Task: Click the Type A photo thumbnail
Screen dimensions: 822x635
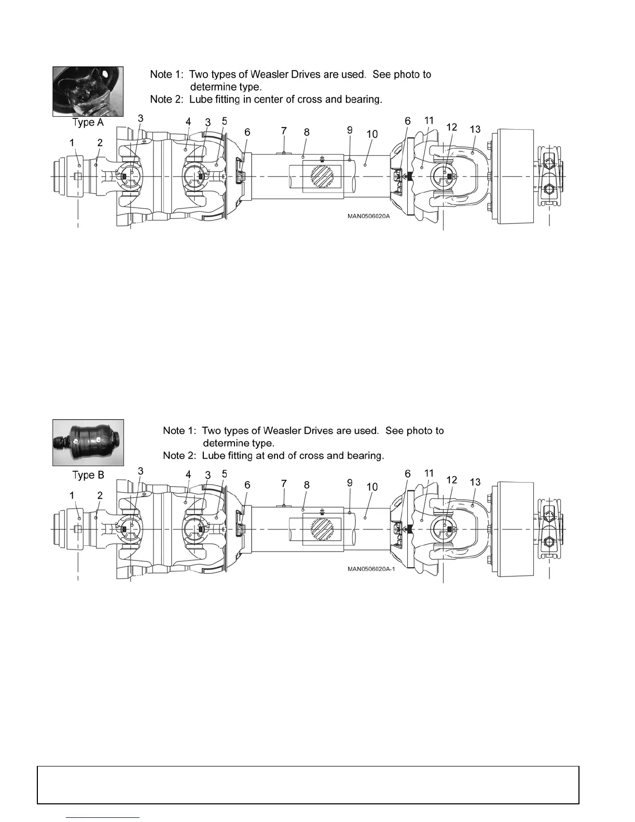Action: click(x=88, y=91)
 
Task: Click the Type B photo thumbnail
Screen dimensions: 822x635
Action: click(x=88, y=443)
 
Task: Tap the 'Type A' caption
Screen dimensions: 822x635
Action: click(x=88, y=123)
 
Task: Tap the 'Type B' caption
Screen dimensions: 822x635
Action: click(x=88, y=475)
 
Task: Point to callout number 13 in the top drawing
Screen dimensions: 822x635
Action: click(x=475, y=129)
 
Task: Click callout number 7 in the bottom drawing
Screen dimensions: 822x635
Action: click(x=284, y=484)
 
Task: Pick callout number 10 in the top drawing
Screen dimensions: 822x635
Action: click(x=372, y=134)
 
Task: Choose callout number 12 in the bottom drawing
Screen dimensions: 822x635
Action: click(x=451, y=480)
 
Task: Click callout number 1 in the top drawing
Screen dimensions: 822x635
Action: click(x=73, y=142)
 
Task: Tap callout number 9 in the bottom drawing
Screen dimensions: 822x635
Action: click(x=350, y=483)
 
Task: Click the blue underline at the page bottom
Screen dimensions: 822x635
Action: click(x=103, y=818)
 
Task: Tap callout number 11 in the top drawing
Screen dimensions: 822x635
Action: click(x=429, y=121)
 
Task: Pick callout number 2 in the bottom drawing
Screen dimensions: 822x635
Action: click(x=100, y=496)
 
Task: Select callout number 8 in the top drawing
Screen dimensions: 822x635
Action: click(x=307, y=132)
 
